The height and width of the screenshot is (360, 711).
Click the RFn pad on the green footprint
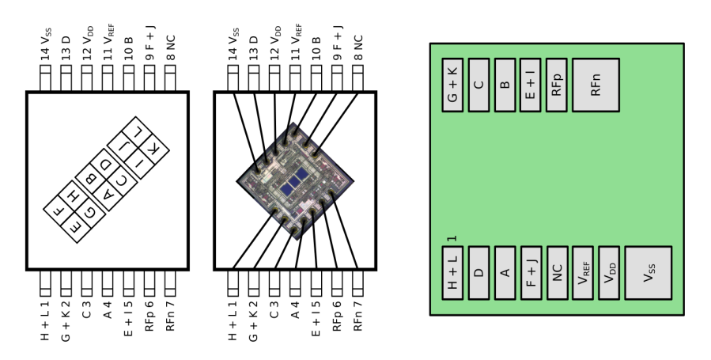click(595, 84)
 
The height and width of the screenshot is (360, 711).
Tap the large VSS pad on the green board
click(648, 273)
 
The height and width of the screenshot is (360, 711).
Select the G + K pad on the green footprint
click(452, 84)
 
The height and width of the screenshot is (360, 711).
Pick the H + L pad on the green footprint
click(452, 273)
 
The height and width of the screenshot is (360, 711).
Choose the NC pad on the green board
click(558, 273)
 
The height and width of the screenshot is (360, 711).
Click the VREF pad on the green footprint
click(584, 273)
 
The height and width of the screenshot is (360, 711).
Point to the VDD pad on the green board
click(610, 273)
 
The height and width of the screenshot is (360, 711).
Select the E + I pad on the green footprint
click(531, 84)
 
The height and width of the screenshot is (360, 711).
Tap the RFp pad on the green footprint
click(557, 84)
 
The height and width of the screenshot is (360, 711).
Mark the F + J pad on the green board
click(531, 273)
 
